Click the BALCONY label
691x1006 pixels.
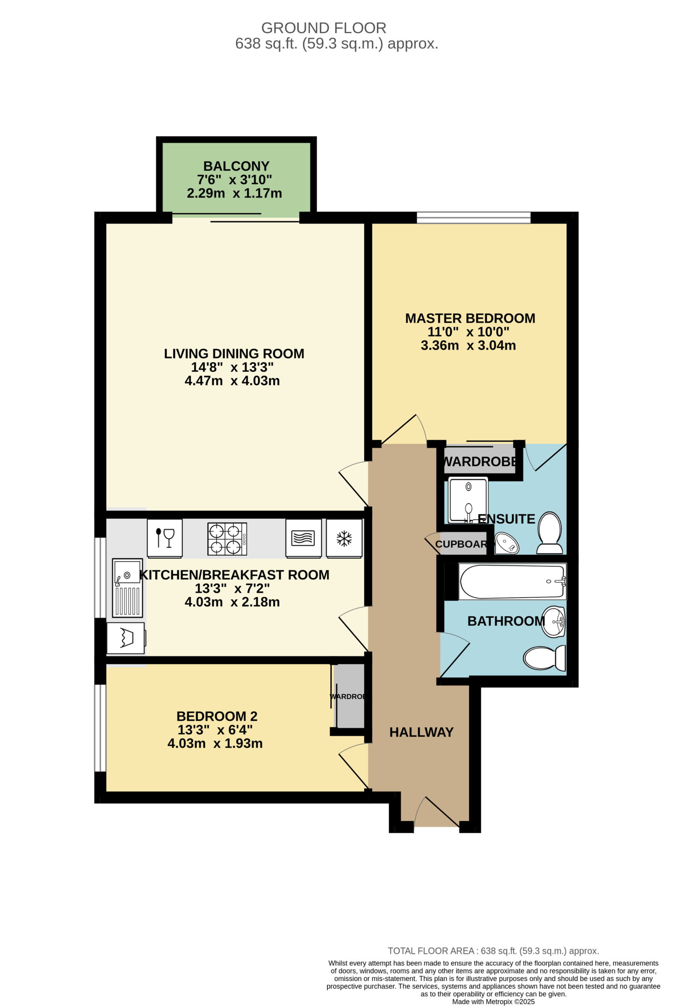point(236,166)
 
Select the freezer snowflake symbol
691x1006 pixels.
point(344,538)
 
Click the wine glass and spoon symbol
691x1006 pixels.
point(165,538)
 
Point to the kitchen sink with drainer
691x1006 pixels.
point(127,587)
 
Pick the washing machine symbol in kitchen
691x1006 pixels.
point(125,638)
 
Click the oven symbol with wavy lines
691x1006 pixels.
point(303,538)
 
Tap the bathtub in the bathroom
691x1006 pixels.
point(512,582)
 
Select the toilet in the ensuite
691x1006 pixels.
point(549,533)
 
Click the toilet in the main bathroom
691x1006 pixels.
point(545,658)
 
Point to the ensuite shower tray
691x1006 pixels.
point(468,500)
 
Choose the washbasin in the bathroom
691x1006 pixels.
point(554,622)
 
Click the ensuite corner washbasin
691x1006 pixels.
point(507,543)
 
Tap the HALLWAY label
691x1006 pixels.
point(422,732)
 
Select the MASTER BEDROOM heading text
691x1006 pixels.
point(470,318)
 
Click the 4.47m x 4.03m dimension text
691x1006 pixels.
point(232,381)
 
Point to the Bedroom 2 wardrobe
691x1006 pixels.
point(349,696)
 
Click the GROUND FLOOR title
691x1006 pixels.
point(324,28)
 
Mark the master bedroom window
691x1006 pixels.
point(474,217)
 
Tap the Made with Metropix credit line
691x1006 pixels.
point(494,1002)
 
